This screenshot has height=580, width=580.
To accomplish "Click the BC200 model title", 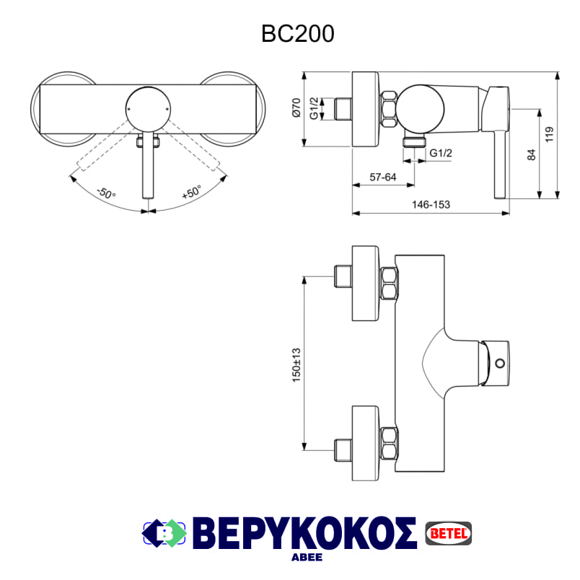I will point(298,34).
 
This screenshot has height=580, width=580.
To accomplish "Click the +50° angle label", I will point(191,193).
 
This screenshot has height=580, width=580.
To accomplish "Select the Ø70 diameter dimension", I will point(296,109).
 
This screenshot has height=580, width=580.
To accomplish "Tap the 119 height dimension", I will point(549,134).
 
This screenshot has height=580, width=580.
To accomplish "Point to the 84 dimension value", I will point(532,154).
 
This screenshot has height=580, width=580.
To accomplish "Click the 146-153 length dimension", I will point(431,205).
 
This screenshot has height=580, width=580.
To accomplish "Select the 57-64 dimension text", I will point(383,176).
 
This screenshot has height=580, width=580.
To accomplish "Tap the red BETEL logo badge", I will point(449,532).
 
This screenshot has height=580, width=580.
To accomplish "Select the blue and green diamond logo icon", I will point(164,533).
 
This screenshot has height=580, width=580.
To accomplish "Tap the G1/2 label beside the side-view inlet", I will point(314,108).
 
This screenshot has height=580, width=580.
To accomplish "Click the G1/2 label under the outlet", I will point(441,153).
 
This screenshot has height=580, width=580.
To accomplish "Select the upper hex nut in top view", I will point(389,282).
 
